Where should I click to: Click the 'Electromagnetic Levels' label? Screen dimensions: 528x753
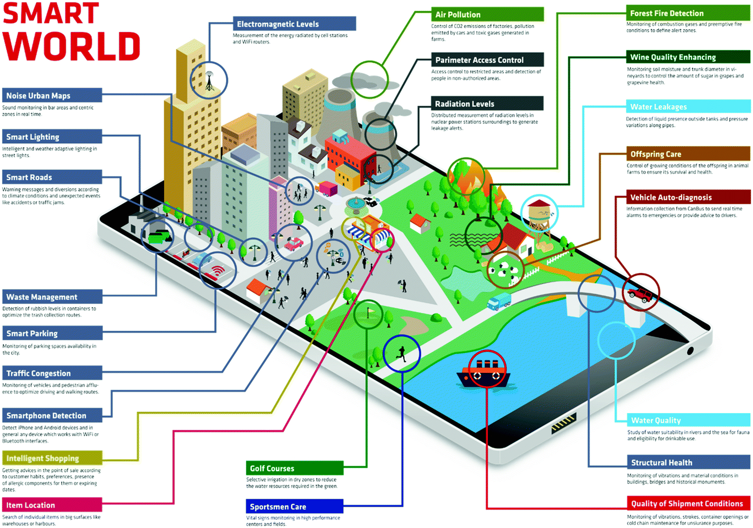pyautogui.click(x=278, y=24)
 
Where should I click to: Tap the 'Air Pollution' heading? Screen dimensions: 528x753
pyautogui.click(x=458, y=15)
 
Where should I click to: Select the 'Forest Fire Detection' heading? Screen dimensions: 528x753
pyautogui.click(x=666, y=13)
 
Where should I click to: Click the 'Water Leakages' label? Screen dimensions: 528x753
pyautogui.click(x=658, y=107)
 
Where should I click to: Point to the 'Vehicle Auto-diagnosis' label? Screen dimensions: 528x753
pyautogui.click(x=670, y=197)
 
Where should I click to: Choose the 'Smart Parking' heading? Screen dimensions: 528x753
pyautogui.click(x=32, y=334)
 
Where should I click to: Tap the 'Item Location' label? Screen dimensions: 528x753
pyautogui.click(x=31, y=505)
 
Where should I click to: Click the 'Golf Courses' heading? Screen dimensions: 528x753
pyautogui.click(x=272, y=468)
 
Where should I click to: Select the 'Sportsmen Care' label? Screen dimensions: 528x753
pyautogui.click(x=278, y=507)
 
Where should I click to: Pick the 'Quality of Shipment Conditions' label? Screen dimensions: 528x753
pyautogui.click(x=687, y=504)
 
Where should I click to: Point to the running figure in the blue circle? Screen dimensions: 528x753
pyautogui.click(x=402, y=353)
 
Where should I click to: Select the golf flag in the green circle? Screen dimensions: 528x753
pyautogui.click(x=369, y=312)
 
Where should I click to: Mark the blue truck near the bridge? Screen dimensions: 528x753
pyautogui.click(x=499, y=301)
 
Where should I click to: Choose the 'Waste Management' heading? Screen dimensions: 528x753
pyautogui.click(x=42, y=297)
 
